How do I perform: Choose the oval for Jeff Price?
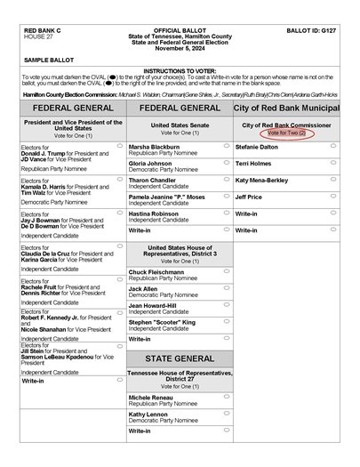[333, 196]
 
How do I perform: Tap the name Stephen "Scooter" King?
[163, 322]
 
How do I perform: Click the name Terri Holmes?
[253, 163]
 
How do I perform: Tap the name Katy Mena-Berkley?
[262, 180]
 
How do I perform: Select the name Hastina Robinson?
[153, 213]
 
